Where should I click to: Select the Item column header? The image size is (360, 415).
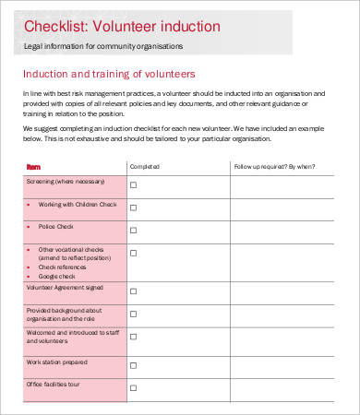pos(34,167)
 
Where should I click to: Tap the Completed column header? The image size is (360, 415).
pos(144,167)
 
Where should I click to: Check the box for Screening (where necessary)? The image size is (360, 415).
pos(133,184)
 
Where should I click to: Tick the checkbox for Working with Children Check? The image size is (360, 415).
pos(133,208)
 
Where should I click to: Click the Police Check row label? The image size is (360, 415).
pos(55,226)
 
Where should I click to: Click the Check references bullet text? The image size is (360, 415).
pos(62,267)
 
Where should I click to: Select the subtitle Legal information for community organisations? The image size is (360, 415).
pos(103,45)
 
